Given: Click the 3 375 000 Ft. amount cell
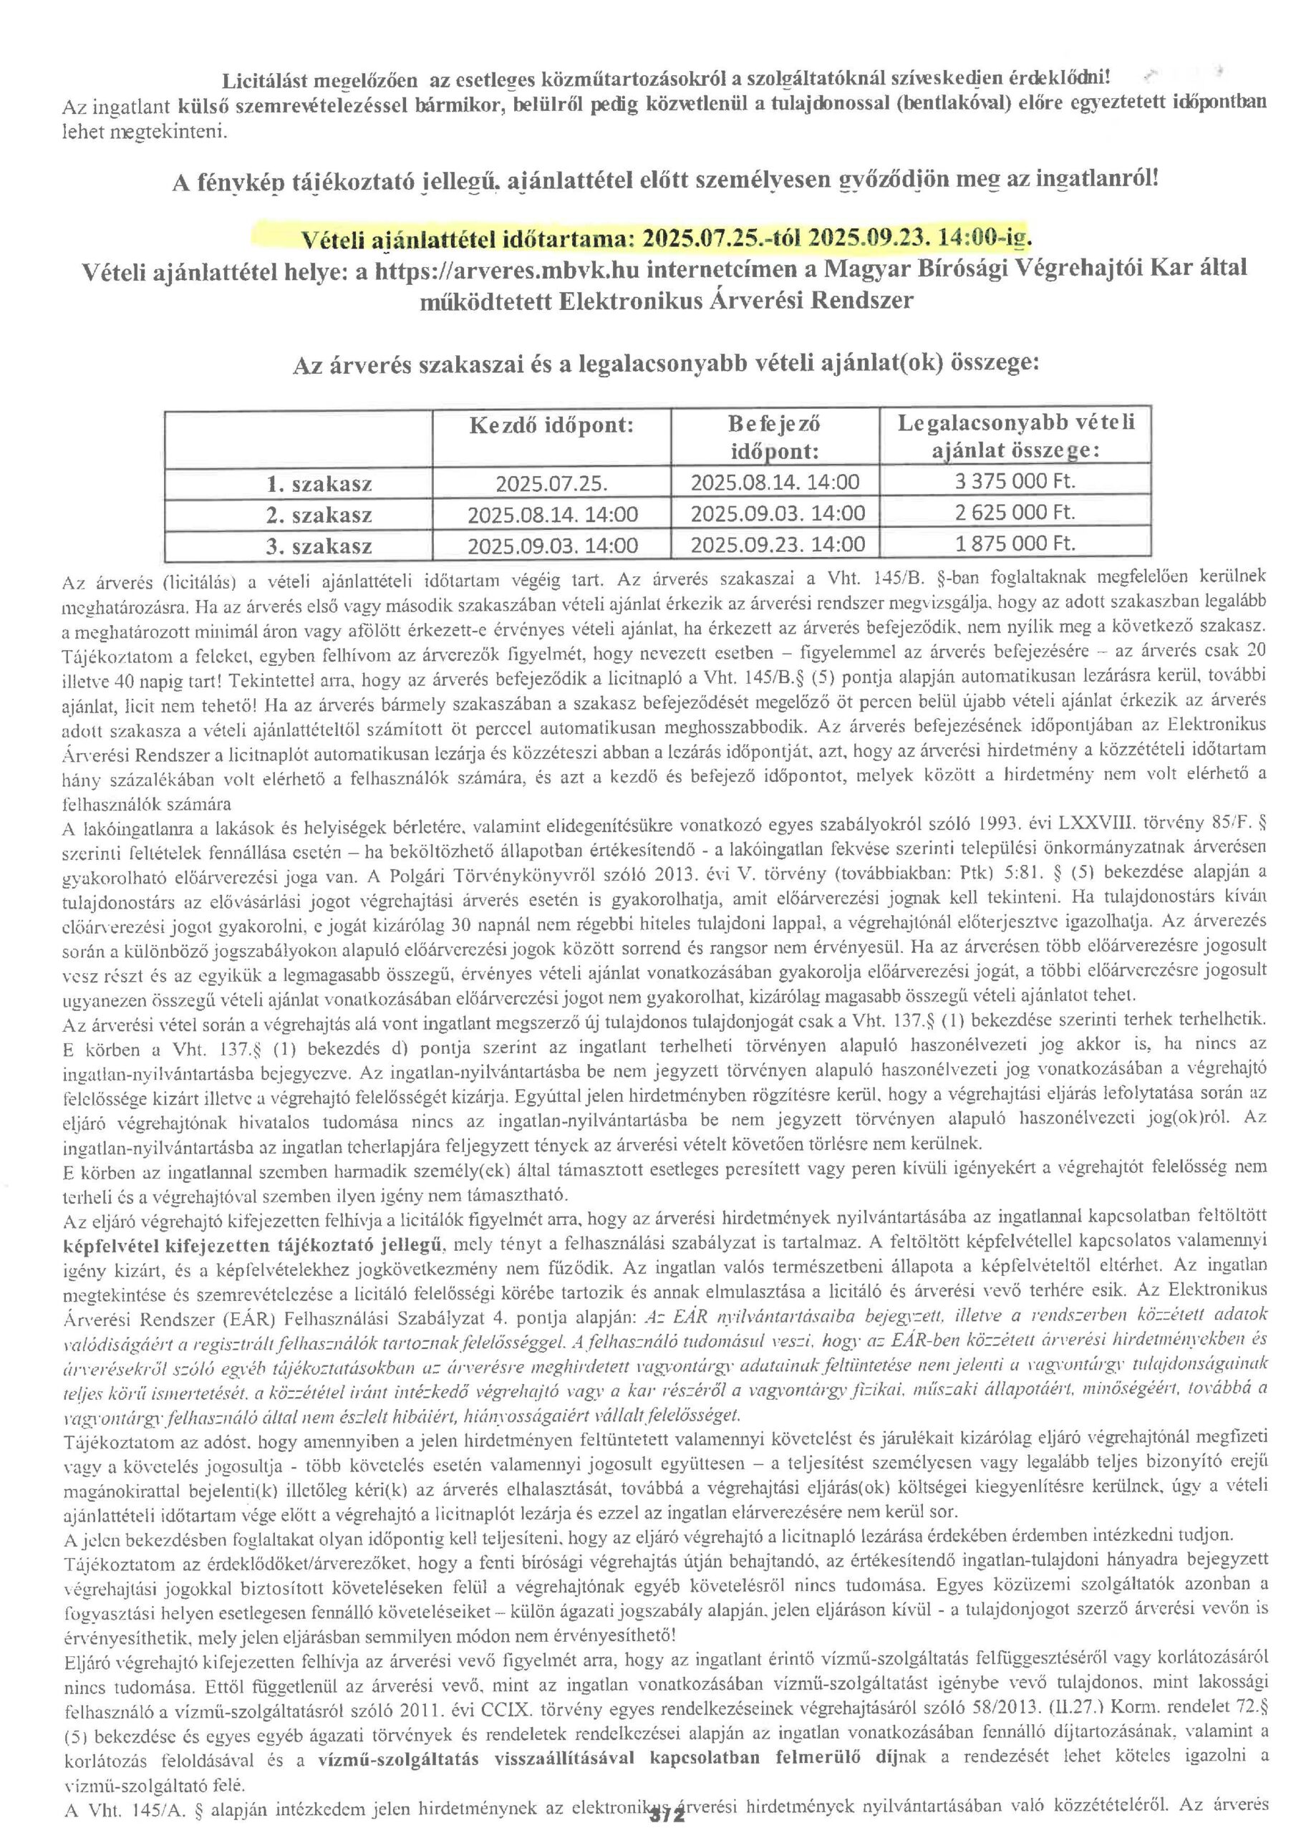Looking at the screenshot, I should [x=1015, y=481].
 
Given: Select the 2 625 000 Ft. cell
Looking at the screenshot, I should [x=1015, y=513].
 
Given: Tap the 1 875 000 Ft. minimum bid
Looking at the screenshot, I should [x=1015, y=543].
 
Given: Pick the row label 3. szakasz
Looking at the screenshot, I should [x=319, y=547].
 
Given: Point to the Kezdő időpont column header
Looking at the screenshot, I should [x=551, y=425].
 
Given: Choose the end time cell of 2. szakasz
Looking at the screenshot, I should [x=777, y=513].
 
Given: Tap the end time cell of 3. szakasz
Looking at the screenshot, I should [x=777, y=546].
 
